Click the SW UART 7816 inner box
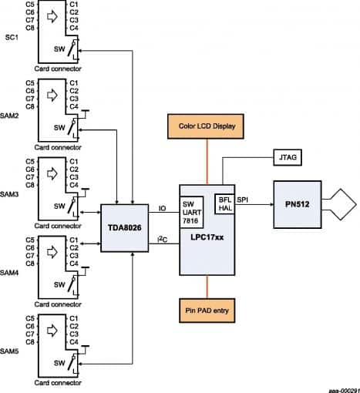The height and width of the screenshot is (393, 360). click(x=190, y=210)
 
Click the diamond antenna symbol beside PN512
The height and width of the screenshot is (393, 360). click(x=341, y=205)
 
